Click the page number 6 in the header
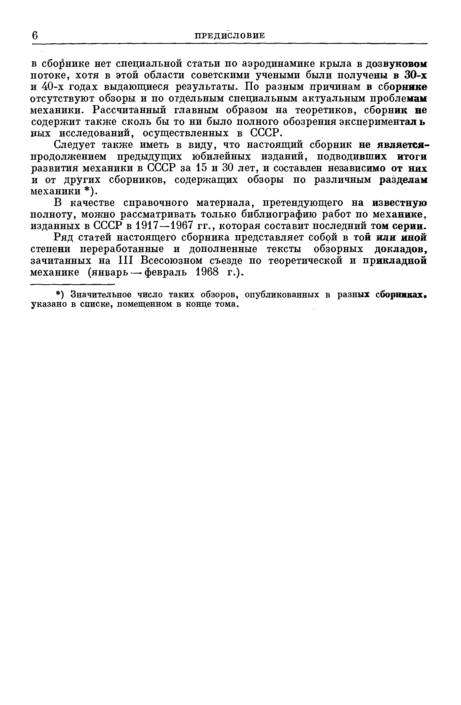point(35,35)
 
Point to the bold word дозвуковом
point(397,64)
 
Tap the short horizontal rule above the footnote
point(73,285)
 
